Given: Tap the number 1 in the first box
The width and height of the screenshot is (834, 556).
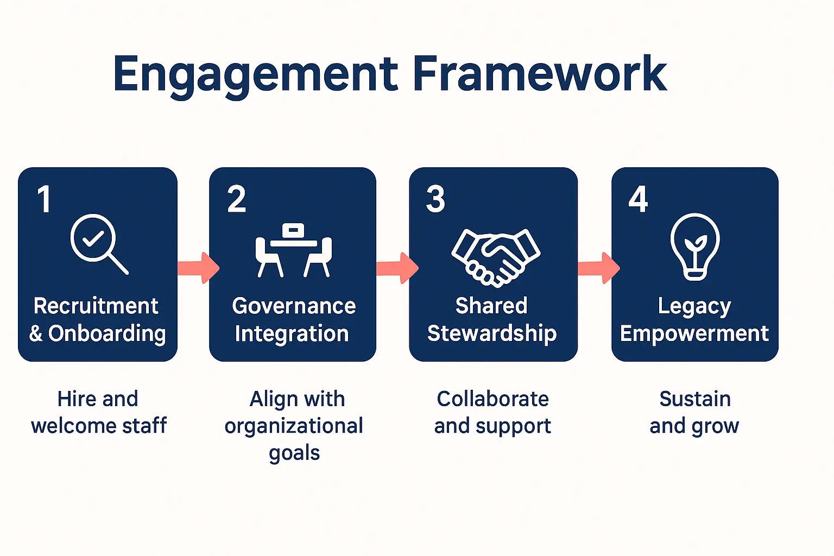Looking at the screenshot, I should tap(45, 199).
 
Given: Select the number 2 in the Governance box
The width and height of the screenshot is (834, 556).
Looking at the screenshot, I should tap(237, 199).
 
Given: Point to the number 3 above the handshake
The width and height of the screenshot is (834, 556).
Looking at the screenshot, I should tap(435, 199).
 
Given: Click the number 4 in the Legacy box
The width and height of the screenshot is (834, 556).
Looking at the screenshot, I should tap(638, 199).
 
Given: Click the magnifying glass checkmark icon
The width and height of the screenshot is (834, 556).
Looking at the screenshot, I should tap(98, 244).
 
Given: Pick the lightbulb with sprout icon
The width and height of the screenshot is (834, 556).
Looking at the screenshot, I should tap(694, 247).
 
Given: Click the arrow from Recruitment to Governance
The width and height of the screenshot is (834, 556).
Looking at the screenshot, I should tap(198, 268).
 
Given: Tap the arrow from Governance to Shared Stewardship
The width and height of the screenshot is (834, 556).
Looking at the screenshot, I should tap(397, 268).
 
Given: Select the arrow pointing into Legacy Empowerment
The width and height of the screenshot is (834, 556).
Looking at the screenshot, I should tap(598, 268).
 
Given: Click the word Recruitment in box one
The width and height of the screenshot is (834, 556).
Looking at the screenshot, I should tap(96, 306).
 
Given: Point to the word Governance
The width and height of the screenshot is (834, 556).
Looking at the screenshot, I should tap(294, 306).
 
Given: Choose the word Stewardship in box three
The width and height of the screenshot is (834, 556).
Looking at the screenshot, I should tap(491, 333).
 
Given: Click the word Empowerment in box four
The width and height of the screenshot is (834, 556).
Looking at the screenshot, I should tap(694, 333).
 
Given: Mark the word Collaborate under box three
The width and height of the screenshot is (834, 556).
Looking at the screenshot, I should tap(492, 399).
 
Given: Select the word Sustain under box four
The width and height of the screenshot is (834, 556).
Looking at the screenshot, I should tap(694, 399).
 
